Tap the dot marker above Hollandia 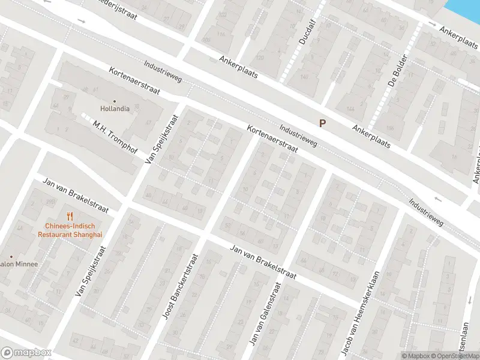point(114,101)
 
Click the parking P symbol point(322,123)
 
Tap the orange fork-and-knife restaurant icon point(70,216)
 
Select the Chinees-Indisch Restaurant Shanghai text point(70,230)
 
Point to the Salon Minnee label point(18,264)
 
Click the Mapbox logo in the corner point(26,353)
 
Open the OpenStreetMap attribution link point(455,356)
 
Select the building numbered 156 point(390,128)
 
